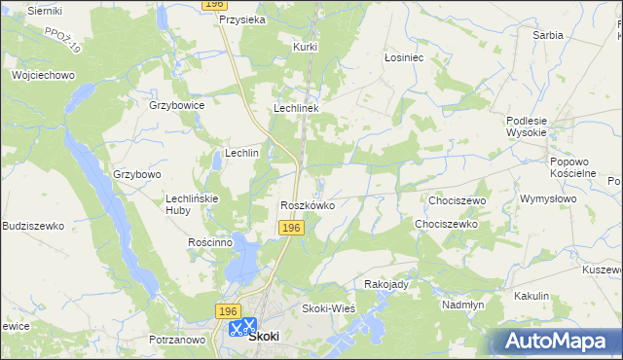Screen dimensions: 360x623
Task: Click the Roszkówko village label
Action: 308,205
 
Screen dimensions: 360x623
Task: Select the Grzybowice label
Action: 175,104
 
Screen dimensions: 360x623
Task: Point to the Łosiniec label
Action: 403,57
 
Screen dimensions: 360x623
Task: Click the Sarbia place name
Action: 547,35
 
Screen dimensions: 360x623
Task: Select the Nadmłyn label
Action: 462,304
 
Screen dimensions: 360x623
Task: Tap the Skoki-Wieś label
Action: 328,308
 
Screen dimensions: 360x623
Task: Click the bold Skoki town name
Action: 264,336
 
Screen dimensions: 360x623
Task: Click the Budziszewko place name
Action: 33,226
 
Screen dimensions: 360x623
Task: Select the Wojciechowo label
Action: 43,75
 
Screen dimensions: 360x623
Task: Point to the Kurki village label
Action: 306,46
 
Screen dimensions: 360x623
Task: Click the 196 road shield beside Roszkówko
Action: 292,228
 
